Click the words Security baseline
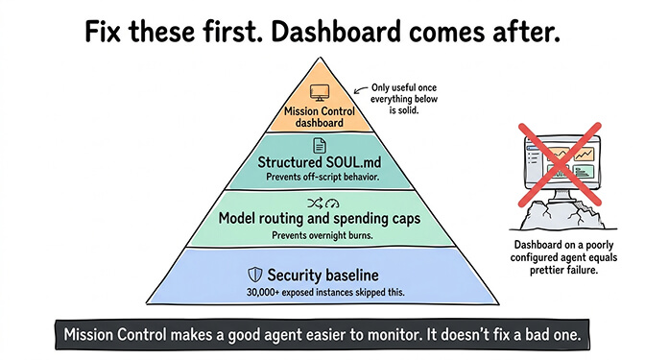(x=321, y=275)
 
